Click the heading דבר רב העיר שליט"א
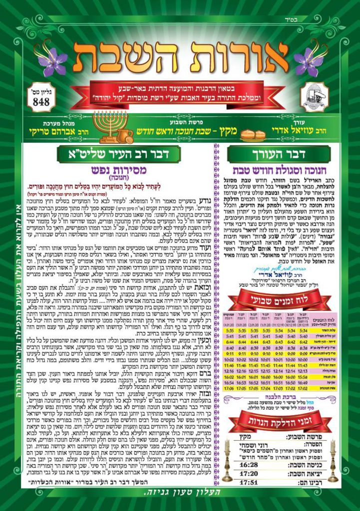point(118,154)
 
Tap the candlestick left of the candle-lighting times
point(227,464)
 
